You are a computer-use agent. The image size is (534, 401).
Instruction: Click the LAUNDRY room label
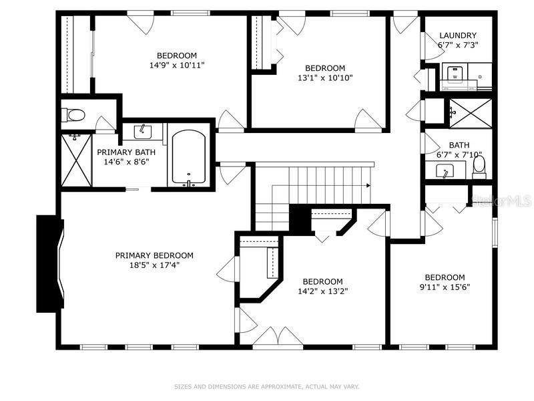click(458, 35)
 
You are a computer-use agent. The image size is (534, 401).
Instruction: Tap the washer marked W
click(455, 74)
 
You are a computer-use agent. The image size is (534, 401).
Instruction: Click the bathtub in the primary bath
click(189, 158)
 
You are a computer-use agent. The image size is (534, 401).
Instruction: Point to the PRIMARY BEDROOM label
click(154, 255)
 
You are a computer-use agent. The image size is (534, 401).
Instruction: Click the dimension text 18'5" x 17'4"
click(154, 265)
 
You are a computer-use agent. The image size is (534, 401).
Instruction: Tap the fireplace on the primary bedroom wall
click(50, 263)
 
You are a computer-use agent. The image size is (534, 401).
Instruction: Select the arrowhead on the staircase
click(368, 186)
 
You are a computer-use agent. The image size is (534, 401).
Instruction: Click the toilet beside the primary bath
click(73, 115)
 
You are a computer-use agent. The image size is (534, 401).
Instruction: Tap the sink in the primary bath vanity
click(143, 132)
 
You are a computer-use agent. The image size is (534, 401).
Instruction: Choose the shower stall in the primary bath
click(76, 160)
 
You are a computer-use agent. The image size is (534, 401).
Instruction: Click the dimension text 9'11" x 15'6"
click(445, 287)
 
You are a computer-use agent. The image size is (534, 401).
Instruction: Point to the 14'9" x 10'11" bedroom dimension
click(177, 65)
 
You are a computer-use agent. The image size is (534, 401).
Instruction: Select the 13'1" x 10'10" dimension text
click(325, 78)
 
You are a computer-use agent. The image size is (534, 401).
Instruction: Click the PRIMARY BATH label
click(126, 152)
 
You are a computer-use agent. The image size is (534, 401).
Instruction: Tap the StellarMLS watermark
click(502, 201)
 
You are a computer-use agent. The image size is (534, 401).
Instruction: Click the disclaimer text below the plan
click(266, 387)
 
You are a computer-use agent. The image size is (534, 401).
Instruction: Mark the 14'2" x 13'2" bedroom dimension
click(322, 291)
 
